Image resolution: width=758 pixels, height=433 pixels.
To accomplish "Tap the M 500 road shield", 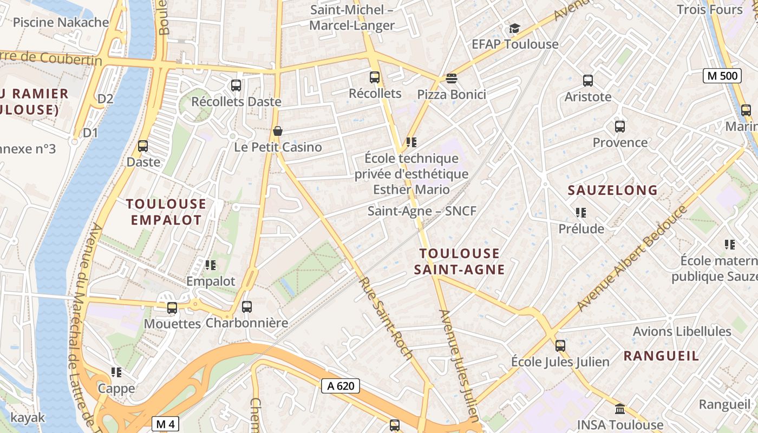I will click(722, 76).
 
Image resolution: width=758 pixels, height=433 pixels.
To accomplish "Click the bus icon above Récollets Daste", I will click(236, 85).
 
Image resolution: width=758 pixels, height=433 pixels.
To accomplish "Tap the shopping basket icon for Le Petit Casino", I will click(278, 131).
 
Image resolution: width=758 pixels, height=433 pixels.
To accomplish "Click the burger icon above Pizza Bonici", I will click(452, 78).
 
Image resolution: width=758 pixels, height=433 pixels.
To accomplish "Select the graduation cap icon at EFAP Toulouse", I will click(514, 28).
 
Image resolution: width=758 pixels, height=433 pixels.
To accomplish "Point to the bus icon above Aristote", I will click(588, 81).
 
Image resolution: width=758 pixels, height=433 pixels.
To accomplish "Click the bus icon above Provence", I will click(620, 127).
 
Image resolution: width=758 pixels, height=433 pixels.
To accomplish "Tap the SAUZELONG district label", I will click(612, 190).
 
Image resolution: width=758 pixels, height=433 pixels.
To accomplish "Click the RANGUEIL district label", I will click(661, 356).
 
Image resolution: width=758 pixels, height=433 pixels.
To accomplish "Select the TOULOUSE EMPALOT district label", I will click(166, 212).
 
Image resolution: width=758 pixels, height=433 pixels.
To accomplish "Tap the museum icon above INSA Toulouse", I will click(620, 408).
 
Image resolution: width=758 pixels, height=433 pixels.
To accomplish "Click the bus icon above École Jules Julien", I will click(560, 345).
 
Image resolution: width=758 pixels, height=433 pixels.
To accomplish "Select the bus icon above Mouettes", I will click(172, 307).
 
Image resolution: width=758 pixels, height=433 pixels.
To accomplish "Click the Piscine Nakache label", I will click(61, 22).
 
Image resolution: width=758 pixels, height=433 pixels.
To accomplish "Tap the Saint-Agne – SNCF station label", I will click(422, 211).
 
